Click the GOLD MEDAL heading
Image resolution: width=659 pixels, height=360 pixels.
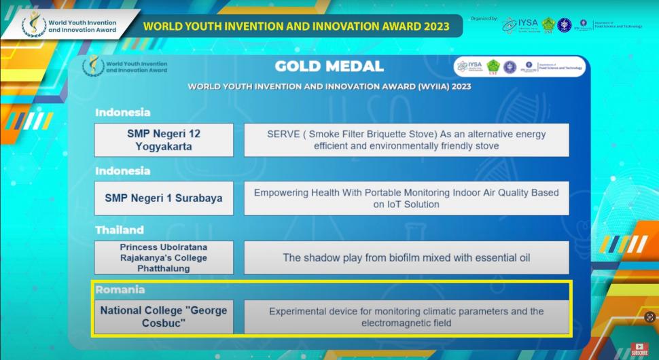pyautogui.click(x=329, y=67)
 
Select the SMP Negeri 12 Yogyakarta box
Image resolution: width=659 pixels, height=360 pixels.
pyautogui.click(x=164, y=140)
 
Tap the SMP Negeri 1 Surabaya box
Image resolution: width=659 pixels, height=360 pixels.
pyautogui.click(x=164, y=198)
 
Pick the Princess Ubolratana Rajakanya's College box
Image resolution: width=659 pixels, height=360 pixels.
pyautogui.click(x=164, y=257)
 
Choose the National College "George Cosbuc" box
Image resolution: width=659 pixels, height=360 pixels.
pyautogui.click(x=164, y=317)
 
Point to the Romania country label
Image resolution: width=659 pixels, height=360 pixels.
pyautogui.click(x=120, y=289)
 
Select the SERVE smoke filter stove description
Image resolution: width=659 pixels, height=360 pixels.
pyautogui.click(x=406, y=140)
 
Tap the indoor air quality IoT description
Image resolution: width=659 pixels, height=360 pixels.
pyautogui.click(x=406, y=198)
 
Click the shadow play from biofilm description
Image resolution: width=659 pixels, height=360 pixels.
pyautogui.click(x=406, y=257)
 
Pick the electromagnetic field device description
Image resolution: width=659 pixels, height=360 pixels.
pyautogui.click(x=406, y=317)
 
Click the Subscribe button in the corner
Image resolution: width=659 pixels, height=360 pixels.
pyautogui.click(x=639, y=349)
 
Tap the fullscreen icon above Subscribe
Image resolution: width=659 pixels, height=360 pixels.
pyautogui.click(x=649, y=317)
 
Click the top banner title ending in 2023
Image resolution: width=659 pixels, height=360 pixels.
pyautogui.click(x=297, y=26)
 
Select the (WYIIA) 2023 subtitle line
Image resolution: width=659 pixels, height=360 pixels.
pyautogui.click(x=329, y=87)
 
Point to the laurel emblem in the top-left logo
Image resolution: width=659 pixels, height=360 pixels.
pyautogui.click(x=33, y=25)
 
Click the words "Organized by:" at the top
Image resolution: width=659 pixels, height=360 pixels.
pyautogui.click(x=484, y=18)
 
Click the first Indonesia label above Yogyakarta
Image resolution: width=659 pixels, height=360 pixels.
pyautogui.click(x=123, y=112)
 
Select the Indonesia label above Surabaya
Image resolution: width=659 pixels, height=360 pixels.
pyautogui.click(x=123, y=170)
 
